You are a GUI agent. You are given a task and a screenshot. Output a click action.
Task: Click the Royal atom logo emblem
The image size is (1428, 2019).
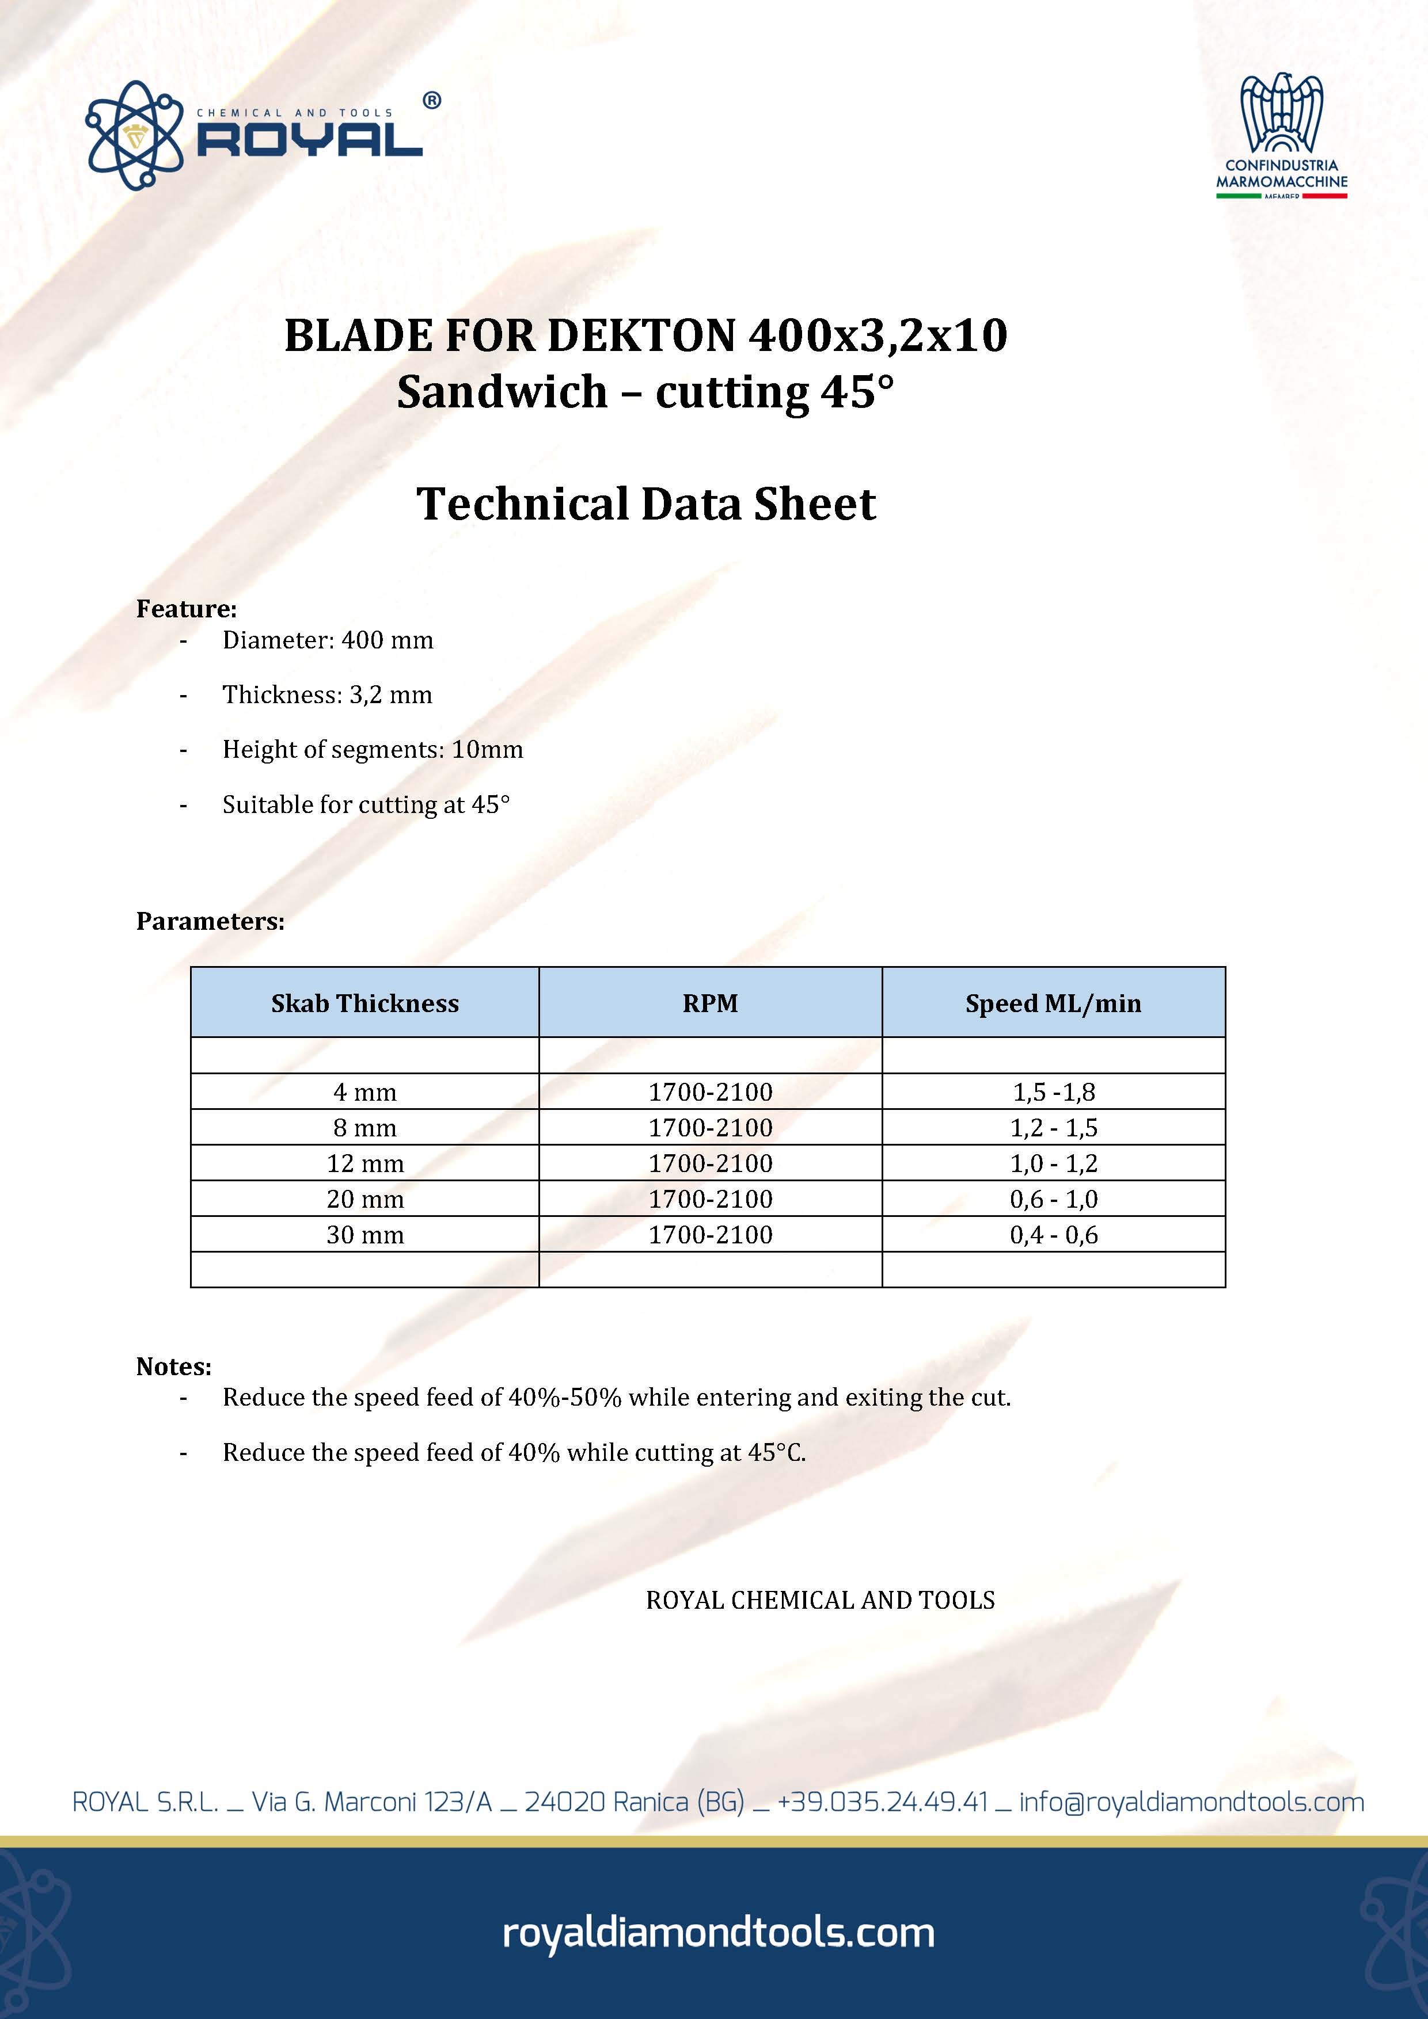tap(135, 135)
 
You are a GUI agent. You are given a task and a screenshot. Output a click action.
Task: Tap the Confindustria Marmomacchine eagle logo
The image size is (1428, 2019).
tap(1281, 115)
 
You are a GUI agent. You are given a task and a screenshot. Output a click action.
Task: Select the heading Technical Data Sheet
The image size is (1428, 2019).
tap(646, 504)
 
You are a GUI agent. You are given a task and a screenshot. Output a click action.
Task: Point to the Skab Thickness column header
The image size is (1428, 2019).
tap(364, 1003)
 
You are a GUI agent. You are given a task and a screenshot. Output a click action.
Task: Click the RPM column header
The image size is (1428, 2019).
tap(710, 1003)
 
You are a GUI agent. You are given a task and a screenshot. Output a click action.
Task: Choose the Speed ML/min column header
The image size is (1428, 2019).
tap(1053, 1003)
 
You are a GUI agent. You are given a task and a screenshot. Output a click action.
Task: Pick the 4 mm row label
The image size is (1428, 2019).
tap(364, 1092)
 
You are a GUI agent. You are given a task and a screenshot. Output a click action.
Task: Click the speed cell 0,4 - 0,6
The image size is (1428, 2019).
tap(1053, 1235)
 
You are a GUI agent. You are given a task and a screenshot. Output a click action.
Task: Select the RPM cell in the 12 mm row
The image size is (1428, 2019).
tap(710, 1163)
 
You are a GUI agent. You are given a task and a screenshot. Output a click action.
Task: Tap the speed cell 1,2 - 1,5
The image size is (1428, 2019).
tap(1053, 1127)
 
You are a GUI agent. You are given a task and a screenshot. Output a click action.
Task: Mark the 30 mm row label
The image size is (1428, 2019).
tap(364, 1235)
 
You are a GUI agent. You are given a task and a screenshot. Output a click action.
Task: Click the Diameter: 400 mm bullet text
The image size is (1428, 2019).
tap(327, 640)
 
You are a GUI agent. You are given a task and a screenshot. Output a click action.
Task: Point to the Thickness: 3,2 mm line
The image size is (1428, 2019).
tap(326, 694)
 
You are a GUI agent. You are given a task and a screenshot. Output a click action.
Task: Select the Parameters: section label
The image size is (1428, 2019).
tap(210, 922)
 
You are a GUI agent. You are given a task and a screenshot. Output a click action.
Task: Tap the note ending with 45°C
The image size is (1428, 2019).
tap(514, 1453)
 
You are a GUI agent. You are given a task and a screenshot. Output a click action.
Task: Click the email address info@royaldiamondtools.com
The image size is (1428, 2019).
tap(1191, 1803)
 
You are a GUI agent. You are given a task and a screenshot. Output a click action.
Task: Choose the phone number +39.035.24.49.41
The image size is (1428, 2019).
tap(883, 1803)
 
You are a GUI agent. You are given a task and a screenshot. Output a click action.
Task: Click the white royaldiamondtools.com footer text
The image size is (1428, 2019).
tap(718, 1933)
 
